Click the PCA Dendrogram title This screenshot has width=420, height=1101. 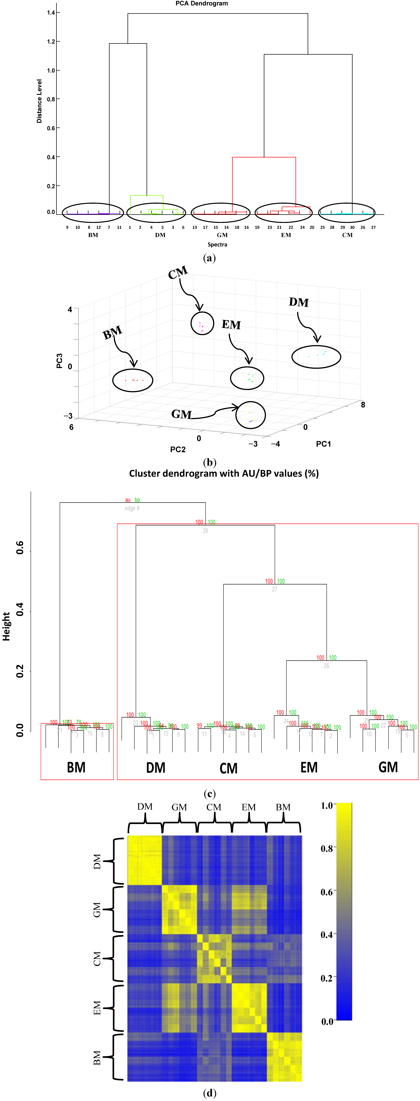coord(201,3)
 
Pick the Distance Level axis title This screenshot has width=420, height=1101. coord(39,101)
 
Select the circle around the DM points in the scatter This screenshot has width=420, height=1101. coord(316,356)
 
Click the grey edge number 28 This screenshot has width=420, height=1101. coord(205,530)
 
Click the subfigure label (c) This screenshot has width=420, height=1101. coord(210,794)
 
